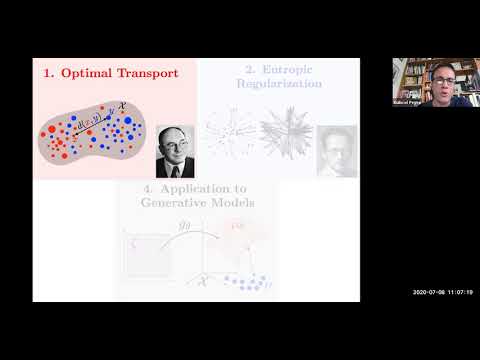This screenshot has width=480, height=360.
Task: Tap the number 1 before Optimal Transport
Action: click(47, 73)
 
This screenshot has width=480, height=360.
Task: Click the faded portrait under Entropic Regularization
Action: click(336, 150)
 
